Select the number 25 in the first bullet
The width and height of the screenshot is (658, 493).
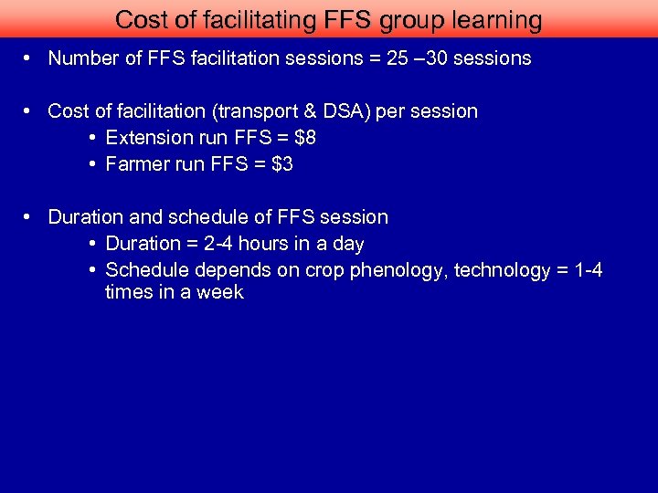(x=398, y=58)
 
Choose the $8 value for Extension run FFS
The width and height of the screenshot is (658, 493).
(x=305, y=138)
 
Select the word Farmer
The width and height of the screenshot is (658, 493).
(x=135, y=164)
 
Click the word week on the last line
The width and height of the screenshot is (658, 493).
(x=223, y=292)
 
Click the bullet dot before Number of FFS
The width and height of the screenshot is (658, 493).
(x=30, y=58)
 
